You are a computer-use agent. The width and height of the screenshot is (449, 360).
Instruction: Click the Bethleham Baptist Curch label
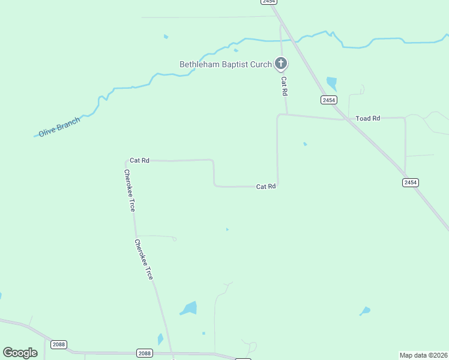tap(226, 64)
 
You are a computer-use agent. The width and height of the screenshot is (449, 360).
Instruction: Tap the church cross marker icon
tap(280, 63)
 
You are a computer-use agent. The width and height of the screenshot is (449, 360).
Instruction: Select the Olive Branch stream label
tap(59, 127)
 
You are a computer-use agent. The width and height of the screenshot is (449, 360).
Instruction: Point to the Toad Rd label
tap(368, 118)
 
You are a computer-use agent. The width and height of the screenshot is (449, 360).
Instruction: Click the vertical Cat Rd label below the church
tap(285, 86)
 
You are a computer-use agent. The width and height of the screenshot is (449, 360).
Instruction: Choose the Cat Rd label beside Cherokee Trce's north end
tap(139, 160)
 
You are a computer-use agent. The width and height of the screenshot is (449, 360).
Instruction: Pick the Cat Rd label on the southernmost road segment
tap(266, 187)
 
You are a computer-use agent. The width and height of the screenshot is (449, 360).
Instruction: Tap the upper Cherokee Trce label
tap(129, 190)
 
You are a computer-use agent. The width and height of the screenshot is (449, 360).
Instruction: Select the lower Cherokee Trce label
tap(143, 260)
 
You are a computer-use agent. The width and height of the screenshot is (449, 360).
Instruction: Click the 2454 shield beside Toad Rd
tap(328, 100)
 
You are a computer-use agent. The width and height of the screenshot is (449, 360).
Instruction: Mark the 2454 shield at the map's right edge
tap(411, 182)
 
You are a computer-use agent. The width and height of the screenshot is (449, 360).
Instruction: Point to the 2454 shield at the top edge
tap(268, 2)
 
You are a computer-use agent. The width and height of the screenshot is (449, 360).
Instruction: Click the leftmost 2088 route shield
tap(59, 344)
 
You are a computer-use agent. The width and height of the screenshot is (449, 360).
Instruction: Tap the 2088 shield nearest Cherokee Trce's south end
tap(144, 353)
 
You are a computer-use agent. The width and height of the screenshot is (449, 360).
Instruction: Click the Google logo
tap(20, 353)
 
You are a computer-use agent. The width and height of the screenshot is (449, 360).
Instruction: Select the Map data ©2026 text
tap(424, 355)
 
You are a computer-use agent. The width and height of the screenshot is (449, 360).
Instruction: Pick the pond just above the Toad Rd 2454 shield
tap(331, 83)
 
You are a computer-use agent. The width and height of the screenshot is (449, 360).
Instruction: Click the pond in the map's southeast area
tap(365, 311)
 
